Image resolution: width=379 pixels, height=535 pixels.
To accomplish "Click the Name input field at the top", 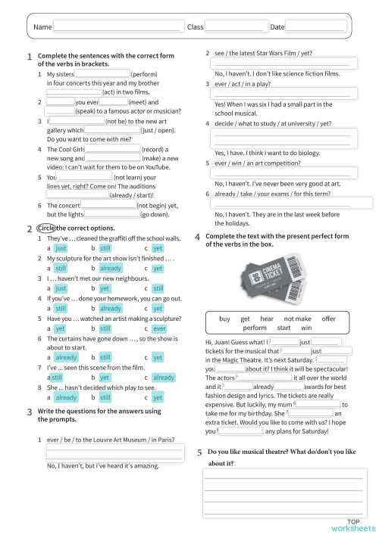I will [118, 27].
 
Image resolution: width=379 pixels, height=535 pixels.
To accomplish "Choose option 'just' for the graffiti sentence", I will [61, 247].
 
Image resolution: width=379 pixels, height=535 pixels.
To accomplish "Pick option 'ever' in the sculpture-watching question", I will [158, 329].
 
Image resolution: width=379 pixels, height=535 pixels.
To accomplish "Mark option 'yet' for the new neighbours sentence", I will [105, 288].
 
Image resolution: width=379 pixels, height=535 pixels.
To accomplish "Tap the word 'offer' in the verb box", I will [328, 319].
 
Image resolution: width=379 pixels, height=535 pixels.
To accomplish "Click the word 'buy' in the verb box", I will [224, 319].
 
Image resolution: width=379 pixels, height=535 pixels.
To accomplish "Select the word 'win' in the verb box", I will [306, 328].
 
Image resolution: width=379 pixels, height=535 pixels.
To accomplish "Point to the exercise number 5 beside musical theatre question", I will [199, 453].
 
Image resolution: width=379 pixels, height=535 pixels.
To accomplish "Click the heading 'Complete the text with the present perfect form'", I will [277, 236].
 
